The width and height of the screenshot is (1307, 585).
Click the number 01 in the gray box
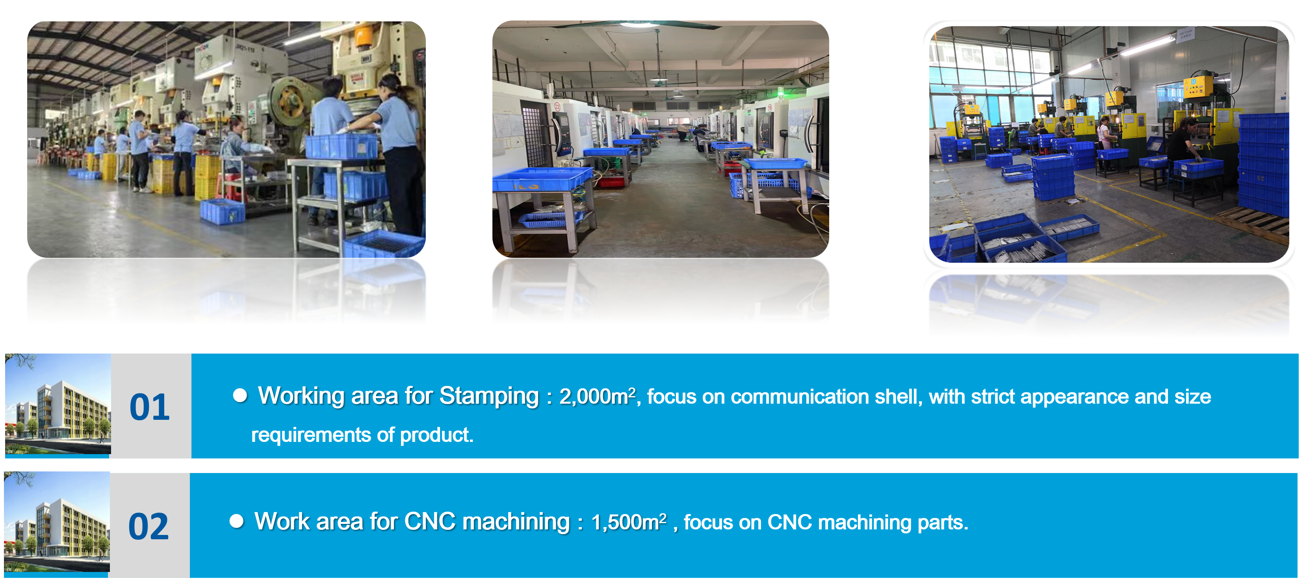coord(149,407)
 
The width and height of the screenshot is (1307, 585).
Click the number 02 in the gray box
coord(148,527)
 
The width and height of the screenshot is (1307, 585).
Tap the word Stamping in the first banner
coord(489,397)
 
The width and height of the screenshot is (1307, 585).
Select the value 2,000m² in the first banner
coord(597,397)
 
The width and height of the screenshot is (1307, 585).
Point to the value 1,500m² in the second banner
coord(629,522)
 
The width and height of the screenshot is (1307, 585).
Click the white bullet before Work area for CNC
coord(236,521)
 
